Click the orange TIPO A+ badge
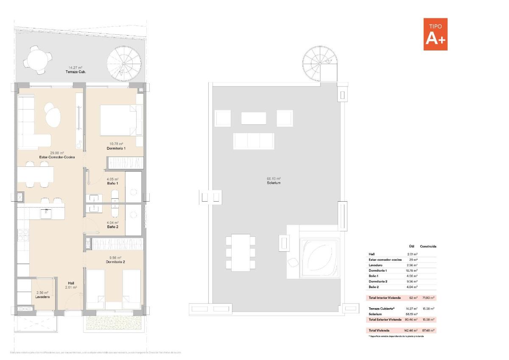(x=435, y=34)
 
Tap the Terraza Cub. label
(x=76, y=72)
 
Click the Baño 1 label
(x=112, y=183)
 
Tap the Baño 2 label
(x=112, y=227)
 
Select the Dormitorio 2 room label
(x=115, y=262)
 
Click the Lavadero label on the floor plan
(x=42, y=297)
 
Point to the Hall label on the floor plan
(x=71, y=283)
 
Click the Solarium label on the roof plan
(x=274, y=183)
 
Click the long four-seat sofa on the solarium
(x=253, y=141)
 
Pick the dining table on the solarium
(x=241, y=252)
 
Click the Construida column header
(x=428, y=246)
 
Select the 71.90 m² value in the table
(x=428, y=298)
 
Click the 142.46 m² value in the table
(x=411, y=330)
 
